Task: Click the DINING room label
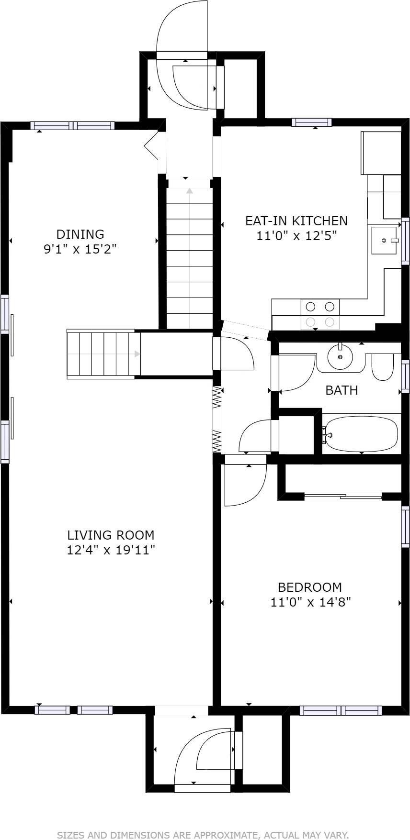tap(80, 234)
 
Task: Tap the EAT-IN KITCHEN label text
tap(296, 221)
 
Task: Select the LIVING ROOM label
tap(111, 535)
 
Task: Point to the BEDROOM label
tap(310, 587)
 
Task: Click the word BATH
tap(342, 390)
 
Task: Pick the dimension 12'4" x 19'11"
tap(111, 550)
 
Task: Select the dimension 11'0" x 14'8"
tap(311, 602)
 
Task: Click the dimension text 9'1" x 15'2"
tap(80, 249)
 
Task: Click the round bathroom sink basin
tap(340, 357)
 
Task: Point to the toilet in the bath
tap(382, 367)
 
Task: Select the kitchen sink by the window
tap(385, 240)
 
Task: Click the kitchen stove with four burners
tap(320, 314)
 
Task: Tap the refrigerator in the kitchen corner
tap(381, 153)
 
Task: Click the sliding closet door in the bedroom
tap(343, 497)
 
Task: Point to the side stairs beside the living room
tap(103, 354)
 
